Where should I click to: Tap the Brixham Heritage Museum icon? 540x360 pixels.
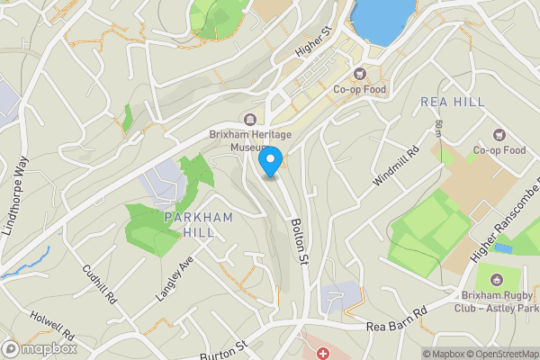pos(252,120)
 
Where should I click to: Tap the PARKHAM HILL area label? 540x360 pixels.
pos(199,225)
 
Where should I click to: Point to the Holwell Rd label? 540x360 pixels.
pos(52,324)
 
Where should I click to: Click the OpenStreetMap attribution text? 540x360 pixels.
pos(500,354)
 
